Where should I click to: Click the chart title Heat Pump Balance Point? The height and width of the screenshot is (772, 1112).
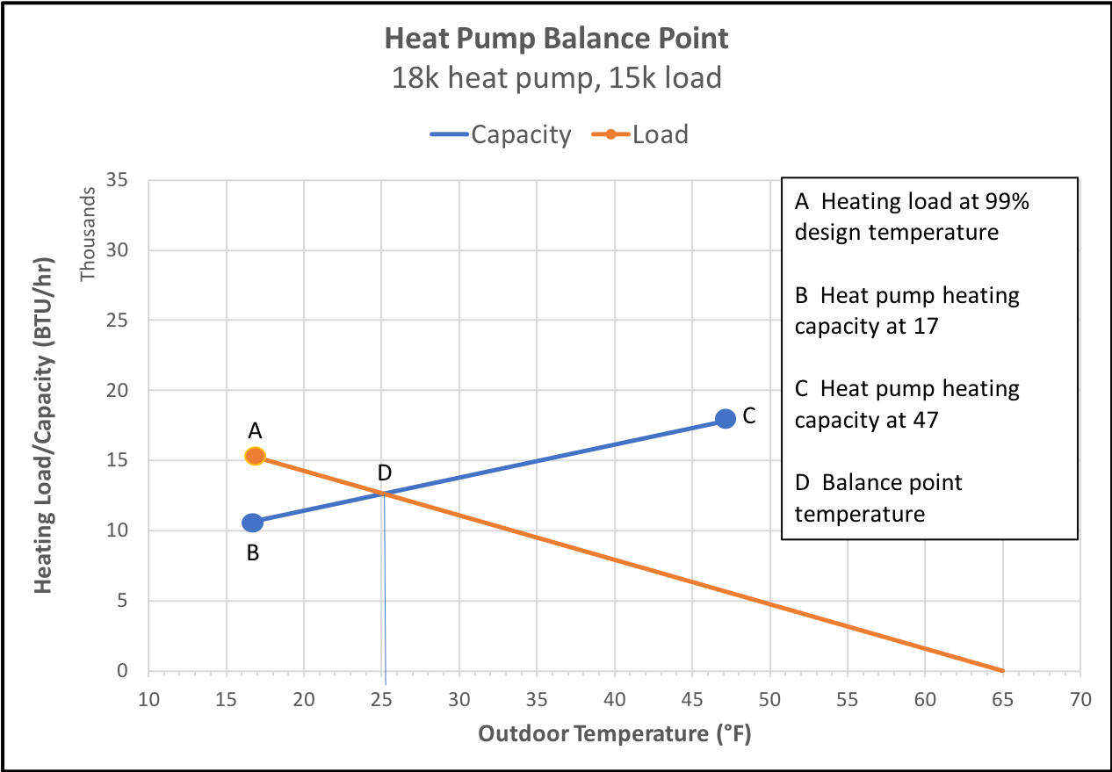click(556, 39)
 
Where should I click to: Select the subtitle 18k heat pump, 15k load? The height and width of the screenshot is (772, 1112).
click(556, 78)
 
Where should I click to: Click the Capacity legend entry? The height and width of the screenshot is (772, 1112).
click(501, 134)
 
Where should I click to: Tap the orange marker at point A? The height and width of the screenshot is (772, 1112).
click(255, 456)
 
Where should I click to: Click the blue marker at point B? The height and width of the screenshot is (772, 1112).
click(252, 523)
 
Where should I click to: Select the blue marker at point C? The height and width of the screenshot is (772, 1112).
click(725, 419)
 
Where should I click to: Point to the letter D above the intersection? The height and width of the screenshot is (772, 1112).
click(384, 473)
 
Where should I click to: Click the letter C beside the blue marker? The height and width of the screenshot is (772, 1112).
click(749, 416)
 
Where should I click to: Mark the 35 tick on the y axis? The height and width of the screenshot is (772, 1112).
click(117, 180)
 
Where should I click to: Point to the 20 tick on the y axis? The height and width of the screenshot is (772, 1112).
click(117, 390)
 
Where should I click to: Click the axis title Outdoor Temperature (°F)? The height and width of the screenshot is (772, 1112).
click(615, 733)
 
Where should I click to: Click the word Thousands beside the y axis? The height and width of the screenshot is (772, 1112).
click(87, 237)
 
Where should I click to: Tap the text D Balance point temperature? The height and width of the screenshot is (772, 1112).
click(878, 497)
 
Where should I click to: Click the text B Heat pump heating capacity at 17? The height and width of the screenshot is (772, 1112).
click(906, 310)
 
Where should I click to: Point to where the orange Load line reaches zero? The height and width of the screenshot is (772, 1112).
click(1002, 670)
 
